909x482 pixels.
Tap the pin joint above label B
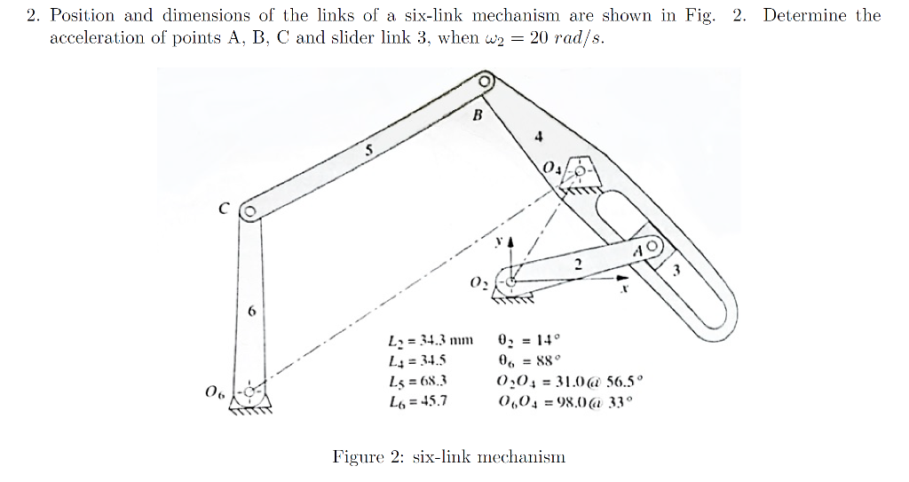485,82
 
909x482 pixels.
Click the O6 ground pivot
249,391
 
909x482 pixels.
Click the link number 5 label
368,150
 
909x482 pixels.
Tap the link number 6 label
251,312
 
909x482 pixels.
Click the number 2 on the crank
577,264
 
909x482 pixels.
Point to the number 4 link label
537,137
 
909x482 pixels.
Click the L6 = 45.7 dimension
417,400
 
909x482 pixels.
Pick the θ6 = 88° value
529,360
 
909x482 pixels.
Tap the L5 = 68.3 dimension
417,380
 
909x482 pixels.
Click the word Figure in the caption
356,457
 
